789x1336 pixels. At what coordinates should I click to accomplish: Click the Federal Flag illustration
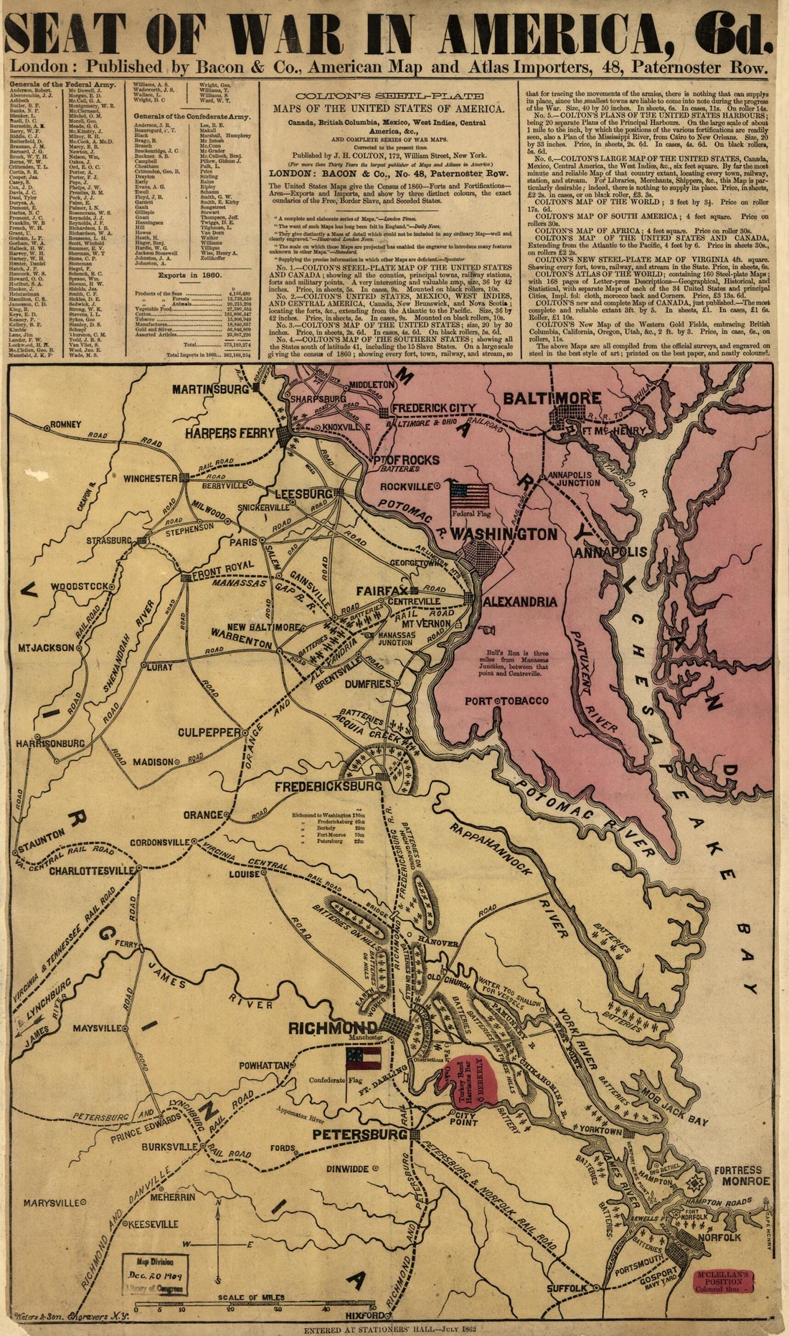470,494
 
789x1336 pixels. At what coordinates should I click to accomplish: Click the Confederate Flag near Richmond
361,1058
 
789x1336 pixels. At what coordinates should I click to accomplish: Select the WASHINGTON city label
504,534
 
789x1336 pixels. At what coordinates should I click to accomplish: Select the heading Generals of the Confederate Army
191,115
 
